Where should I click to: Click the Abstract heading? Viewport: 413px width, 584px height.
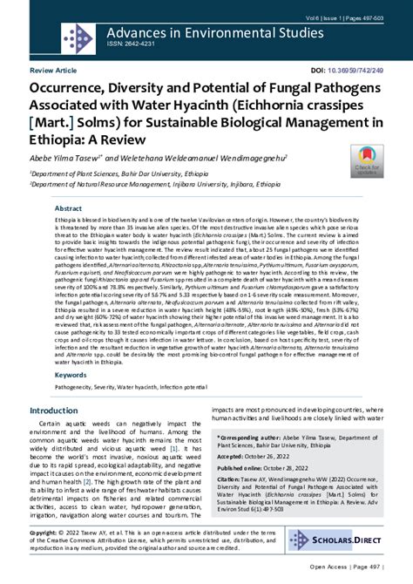click(x=69, y=209)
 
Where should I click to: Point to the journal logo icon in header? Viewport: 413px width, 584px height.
click(x=72, y=37)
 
